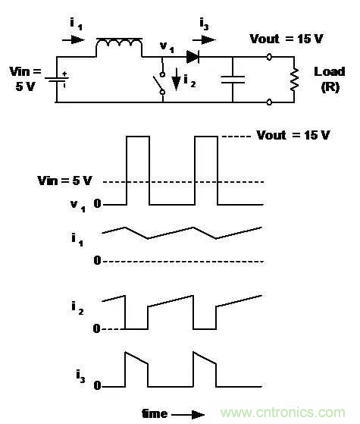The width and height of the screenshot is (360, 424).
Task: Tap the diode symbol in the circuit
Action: click(x=193, y=57)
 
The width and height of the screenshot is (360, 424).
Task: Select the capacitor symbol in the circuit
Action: click(x=233, y=80)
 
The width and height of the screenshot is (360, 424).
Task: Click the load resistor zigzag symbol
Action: click(x=294, y=79)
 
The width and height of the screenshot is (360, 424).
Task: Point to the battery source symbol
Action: click(x=57, y=79)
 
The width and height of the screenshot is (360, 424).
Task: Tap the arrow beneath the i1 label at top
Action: click(x=74, y=39)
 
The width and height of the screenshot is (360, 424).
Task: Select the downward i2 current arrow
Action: click(x=177, y=79)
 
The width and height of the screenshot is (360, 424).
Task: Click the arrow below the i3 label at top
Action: click(x=204, y=40)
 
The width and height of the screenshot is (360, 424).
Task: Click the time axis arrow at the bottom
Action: click(x=188, y=415)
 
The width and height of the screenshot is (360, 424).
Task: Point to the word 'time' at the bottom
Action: click(x=155, y=413)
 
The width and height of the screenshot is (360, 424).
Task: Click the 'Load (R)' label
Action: click(x=330, y=79)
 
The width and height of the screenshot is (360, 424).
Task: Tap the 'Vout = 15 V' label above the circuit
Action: click(x=286, y=39)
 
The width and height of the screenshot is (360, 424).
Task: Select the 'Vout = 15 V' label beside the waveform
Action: click(x=293, y=135)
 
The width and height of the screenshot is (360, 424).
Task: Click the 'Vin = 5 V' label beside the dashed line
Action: click(x=65, y=181)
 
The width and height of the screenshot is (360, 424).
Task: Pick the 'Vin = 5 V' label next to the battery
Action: click(x=26, y=79)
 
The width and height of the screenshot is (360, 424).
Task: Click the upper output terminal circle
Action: click(x=269, y=57)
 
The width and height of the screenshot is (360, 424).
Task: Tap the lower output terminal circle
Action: click(x=269, y=102)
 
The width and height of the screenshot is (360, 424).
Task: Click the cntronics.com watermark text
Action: click(x=283, y=413)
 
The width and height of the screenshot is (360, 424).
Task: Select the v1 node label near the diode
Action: click(x=167, y=47)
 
